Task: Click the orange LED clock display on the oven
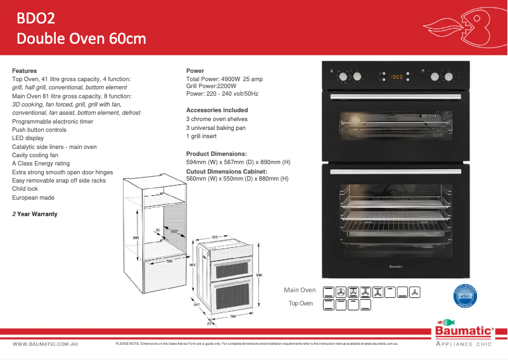pos(397,77)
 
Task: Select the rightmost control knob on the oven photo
pos(450,77)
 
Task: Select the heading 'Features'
pos(25,70)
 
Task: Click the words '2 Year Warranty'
pos(35,214)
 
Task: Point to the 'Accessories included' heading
pos(217,110)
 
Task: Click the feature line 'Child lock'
pos(25,189)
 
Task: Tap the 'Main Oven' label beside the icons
pos(300,290)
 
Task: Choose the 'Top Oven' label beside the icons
pos(301,304)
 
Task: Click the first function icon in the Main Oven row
pos(329,292)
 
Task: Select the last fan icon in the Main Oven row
pos(415,292)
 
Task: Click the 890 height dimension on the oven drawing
pos(258,274)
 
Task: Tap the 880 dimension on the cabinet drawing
pos(136,238)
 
